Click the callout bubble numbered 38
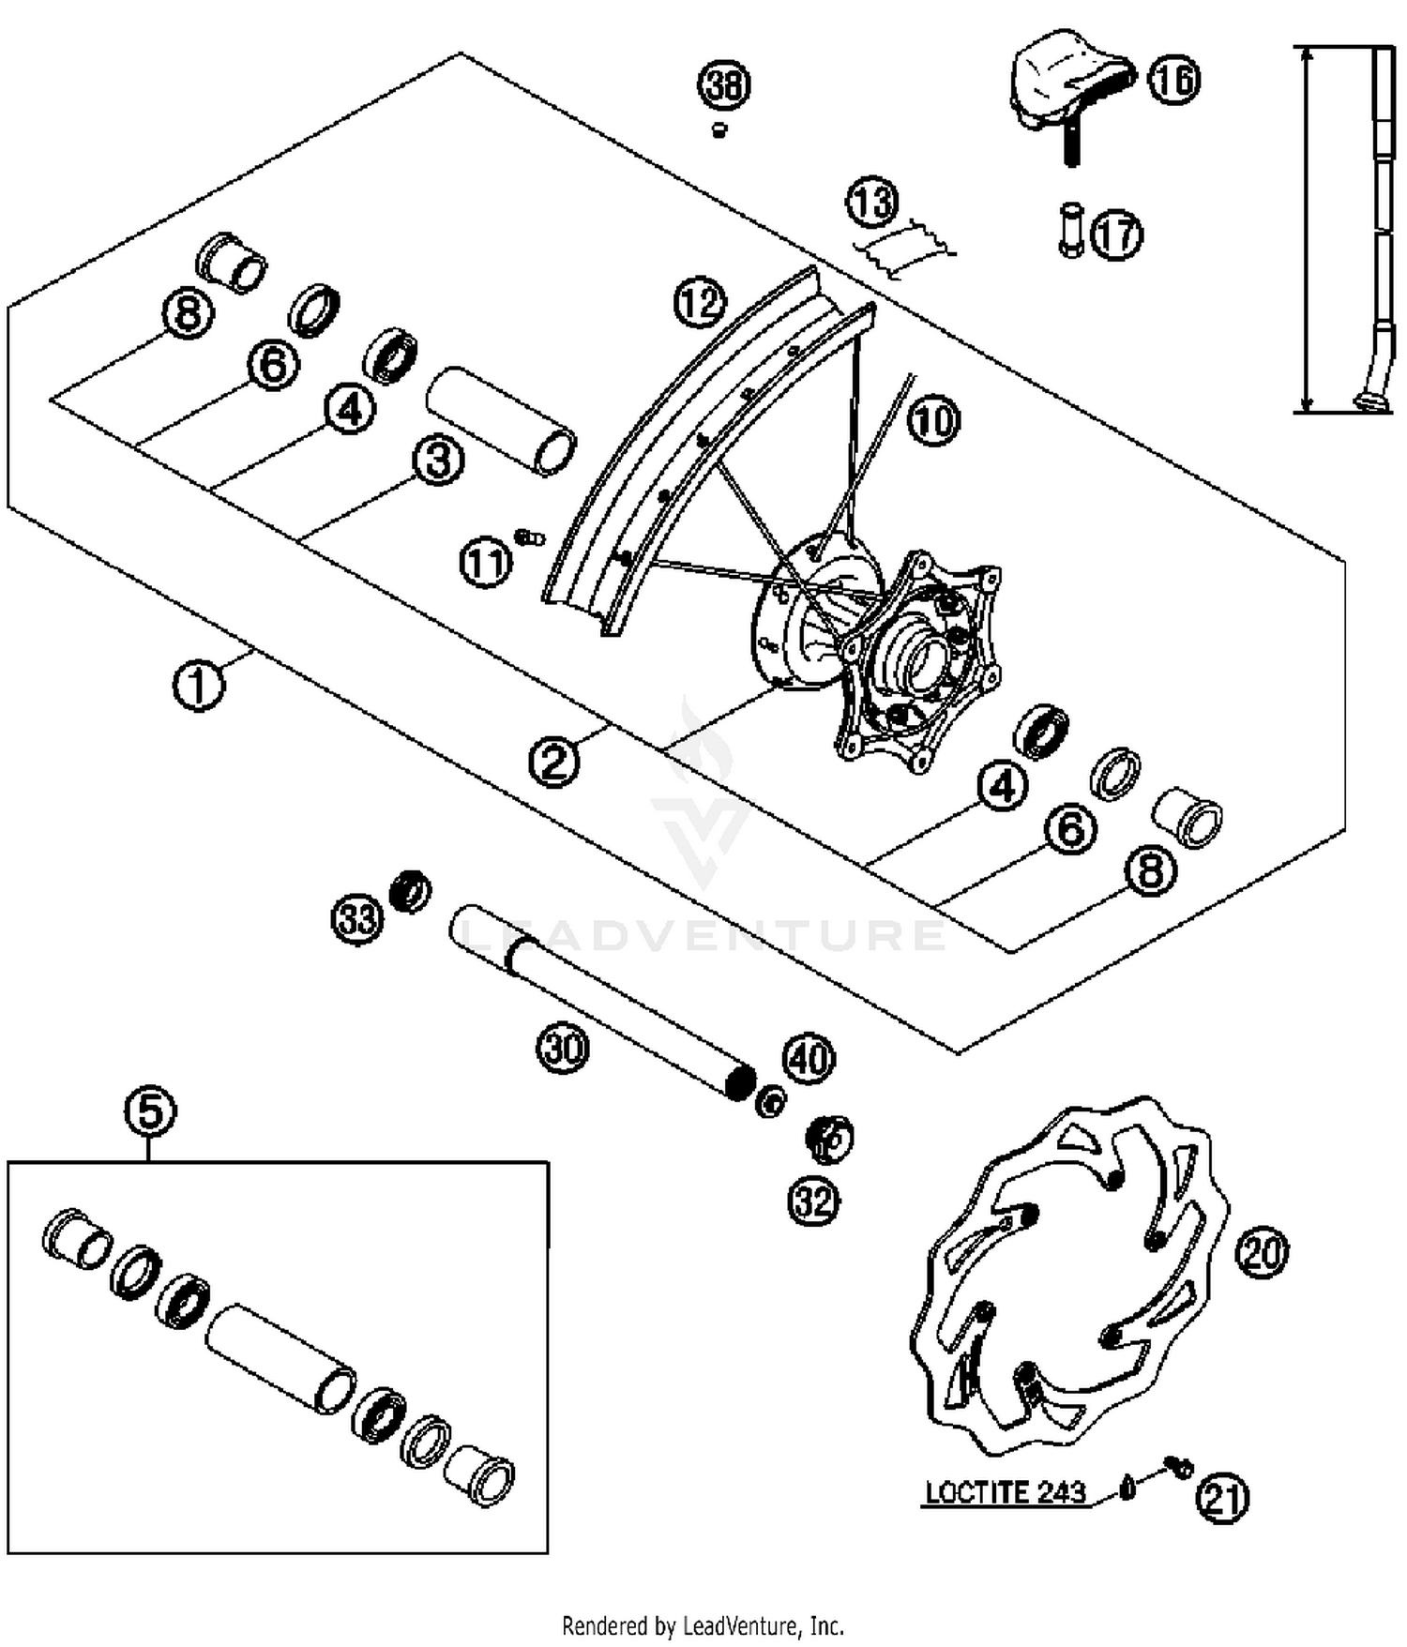724,85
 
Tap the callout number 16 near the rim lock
1173,79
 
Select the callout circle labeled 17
1116,234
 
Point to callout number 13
872,202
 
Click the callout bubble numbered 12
700,303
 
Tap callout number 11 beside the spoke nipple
485,563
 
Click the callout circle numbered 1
199,685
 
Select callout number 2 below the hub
553,761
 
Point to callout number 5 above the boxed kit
150,1111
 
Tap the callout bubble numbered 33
357,918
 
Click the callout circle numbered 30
563,1047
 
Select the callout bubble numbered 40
809,1059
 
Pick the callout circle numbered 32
813,1201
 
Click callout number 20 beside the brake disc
1262,1252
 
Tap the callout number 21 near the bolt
1222,1498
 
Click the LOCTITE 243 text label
1005,1492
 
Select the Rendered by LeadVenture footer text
703,1624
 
